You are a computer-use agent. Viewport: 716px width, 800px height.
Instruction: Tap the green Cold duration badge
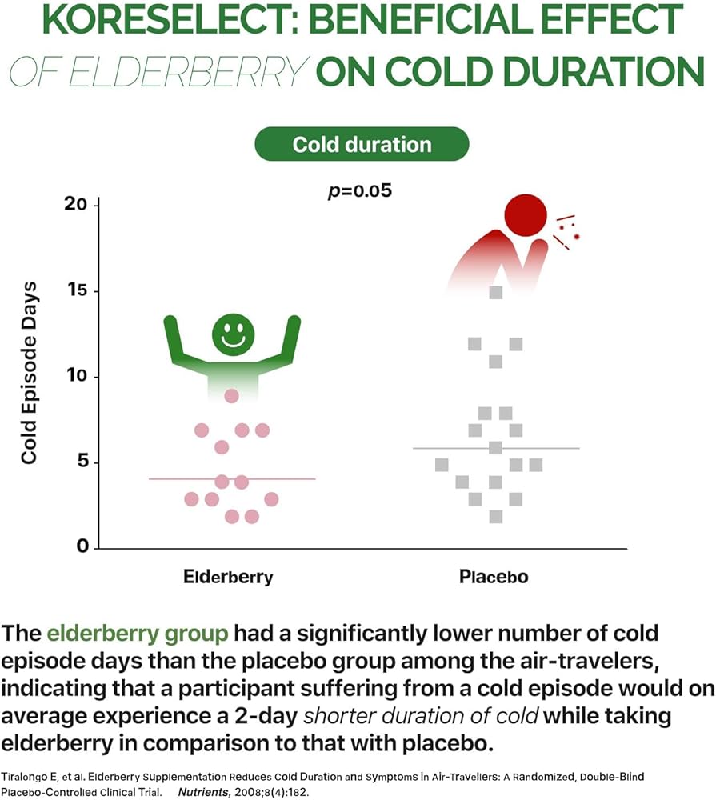point(361,145)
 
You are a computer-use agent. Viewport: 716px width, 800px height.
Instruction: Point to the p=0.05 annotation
point(360,193)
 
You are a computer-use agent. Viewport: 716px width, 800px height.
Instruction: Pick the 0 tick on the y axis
point(82,548)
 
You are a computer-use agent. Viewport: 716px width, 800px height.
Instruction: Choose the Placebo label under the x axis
point(494,577)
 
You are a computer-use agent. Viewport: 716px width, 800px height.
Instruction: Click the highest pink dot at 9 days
point(232,396)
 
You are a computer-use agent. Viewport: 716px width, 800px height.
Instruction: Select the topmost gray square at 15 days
point(496,292)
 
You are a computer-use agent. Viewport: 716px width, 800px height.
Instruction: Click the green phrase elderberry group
point(138,634)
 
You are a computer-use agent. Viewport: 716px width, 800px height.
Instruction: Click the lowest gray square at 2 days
point(496,517)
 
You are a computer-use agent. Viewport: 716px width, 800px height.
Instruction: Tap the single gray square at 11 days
point(496,362)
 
